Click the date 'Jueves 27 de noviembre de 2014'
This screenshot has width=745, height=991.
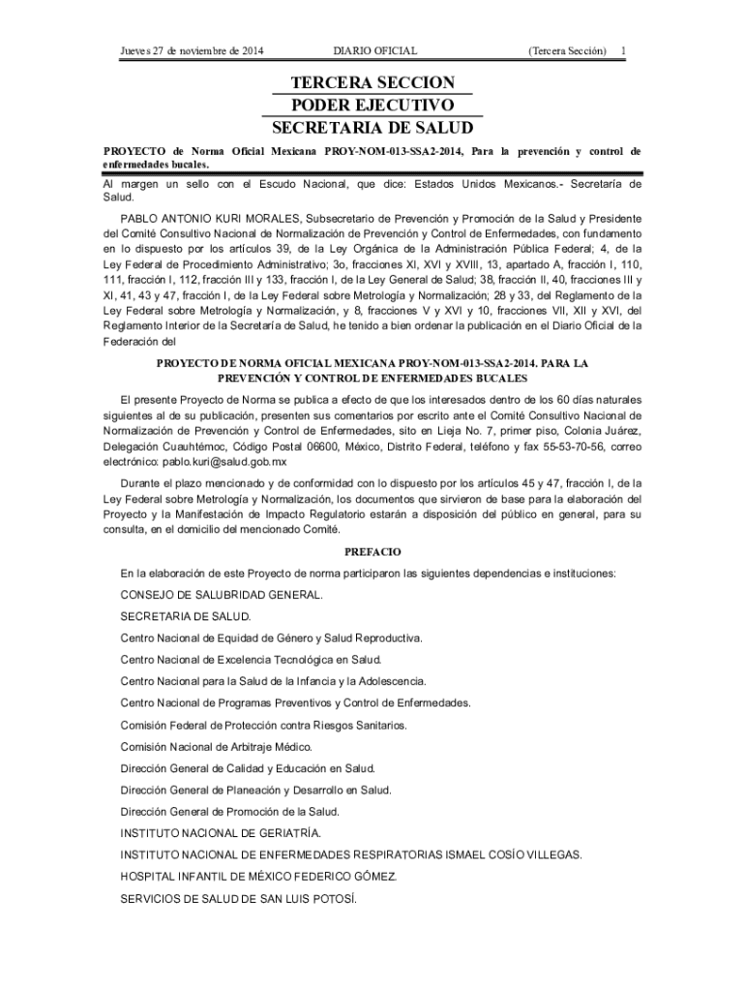pyautogui.click(x=188, y=50)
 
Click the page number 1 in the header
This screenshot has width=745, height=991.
pyautogui.click(x=624, y=50)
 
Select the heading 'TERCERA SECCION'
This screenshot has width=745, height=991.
pyautogui.click(x=372, y=83)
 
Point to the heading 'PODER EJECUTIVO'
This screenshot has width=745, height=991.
pyautogui.click(x=372, y=105)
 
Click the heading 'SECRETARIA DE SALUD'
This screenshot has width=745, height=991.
pyautogui.click(x=372, y=128)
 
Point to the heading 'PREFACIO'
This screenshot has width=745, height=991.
pyautogui.click(x=372, y=552)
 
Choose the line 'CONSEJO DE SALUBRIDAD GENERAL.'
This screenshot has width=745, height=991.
pyautogui.click(x=222, y=594)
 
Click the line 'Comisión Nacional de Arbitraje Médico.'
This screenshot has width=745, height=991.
pyautogui.click(x=230, y=747)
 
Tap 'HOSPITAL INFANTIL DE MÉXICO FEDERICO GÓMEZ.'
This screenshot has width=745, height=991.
pyautogui.click(x=258, y=877)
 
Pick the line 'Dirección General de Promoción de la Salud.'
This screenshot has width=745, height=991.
pyautogui.click(x=230, y=812)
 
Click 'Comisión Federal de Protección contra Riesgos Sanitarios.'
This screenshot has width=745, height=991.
pyautogui.click(x=263, y=725)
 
